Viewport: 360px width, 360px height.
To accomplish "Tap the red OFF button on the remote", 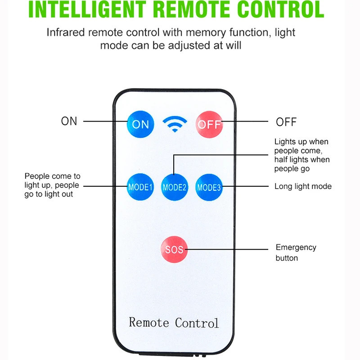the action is coord(209,125).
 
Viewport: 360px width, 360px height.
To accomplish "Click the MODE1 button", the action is coord(140,187).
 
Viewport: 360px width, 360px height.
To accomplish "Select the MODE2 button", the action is coord(175,187).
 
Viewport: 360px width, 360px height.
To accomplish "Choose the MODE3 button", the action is coord(209,187).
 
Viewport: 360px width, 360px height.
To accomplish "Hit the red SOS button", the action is coord(174,249).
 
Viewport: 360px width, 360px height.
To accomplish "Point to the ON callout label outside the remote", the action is coord(69,121).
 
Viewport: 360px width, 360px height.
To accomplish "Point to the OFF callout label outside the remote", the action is coord(286,122).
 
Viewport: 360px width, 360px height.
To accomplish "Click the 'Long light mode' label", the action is coord(303,186).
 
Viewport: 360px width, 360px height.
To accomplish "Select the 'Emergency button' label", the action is coord(296,252).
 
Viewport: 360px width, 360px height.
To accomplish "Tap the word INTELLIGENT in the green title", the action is coord(87,9).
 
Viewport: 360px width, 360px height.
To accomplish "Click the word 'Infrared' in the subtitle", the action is coord(66,32).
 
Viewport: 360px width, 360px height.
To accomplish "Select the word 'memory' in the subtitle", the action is coord(206,33).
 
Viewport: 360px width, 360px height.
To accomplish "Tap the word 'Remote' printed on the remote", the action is coord(149,322).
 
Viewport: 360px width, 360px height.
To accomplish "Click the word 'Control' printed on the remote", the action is coord(197,323).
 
